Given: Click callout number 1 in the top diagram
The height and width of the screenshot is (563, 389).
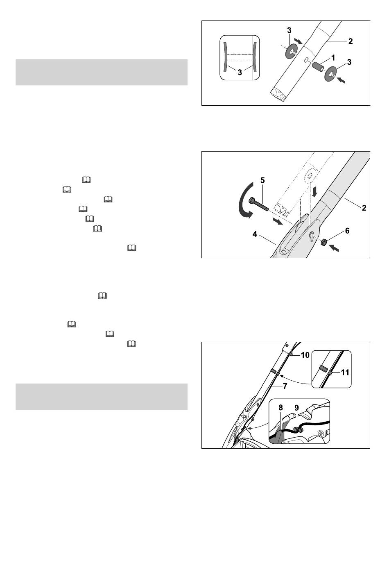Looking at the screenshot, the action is pos(333,58).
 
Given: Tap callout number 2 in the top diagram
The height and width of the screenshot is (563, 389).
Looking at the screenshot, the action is pos(351,41).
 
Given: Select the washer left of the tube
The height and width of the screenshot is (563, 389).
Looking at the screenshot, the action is pos(291,51).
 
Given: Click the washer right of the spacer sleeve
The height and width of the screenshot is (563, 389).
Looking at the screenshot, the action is pos(331,74).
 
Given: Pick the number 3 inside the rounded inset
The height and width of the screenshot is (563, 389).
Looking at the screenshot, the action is pos(240,73).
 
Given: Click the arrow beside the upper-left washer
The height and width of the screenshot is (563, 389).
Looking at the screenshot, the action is pos(299,41).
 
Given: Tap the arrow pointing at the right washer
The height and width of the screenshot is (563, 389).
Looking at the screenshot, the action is pos(341,80).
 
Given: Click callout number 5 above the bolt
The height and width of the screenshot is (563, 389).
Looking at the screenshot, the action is pos(262,180).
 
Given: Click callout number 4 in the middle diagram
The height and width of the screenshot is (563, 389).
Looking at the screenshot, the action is pos(255,234).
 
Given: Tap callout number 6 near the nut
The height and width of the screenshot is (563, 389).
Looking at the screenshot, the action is pos(347,230).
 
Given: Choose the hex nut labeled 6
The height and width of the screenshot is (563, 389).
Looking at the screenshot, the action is pos(324,242).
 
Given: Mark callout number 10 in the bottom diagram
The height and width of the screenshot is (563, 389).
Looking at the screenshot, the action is pos(305,355).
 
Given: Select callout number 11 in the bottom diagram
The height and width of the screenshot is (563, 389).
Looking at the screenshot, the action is pos(345,372).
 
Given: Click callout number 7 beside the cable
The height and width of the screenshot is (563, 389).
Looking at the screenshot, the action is pos(285,386).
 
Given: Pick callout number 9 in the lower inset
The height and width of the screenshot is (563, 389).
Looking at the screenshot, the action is pos(296,407).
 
